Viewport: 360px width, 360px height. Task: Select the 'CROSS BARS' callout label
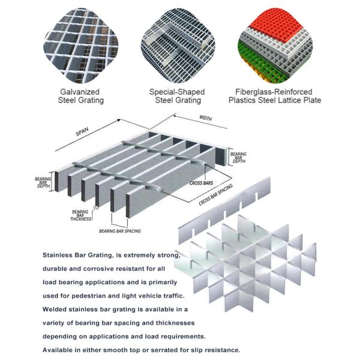coord(202,182)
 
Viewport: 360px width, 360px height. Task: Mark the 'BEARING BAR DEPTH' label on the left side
coord(43,182)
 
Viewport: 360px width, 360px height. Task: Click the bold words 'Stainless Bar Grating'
coord(79,254)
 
